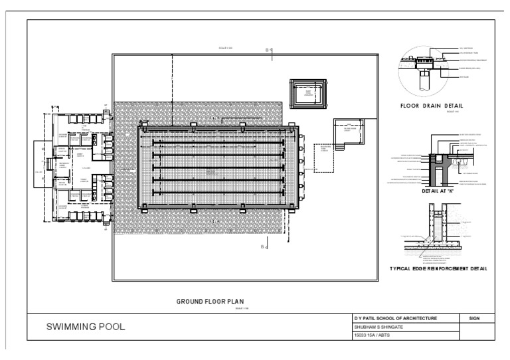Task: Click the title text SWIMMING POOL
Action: click(84, 327)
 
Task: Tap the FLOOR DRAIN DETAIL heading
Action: click(432, 106)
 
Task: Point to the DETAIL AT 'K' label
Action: click(436, 191)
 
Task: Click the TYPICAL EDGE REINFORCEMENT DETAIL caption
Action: click(438, 269)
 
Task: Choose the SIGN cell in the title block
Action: click(473, 319)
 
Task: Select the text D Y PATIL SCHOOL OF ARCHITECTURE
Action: click(396, 319)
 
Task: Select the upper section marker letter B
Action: click(266, 50)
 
